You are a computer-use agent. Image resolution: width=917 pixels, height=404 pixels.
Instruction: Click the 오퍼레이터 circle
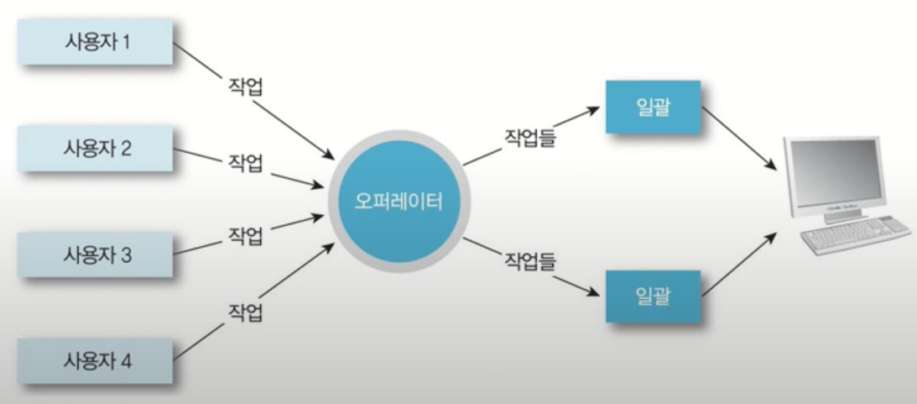coord(398,202)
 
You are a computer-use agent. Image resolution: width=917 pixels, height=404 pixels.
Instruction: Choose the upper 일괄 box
coord(652,107)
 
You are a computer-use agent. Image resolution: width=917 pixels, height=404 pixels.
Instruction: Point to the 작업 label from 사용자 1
coord(246,87)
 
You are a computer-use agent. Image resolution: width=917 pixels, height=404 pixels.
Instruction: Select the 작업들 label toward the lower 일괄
coord(530,260)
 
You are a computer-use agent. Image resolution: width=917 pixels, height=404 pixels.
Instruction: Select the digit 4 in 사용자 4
coord(126,362)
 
